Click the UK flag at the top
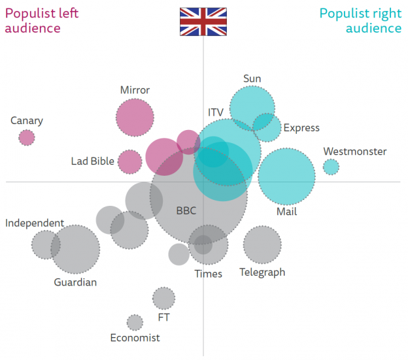tap(203, 22)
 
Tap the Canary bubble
tap(27, 137)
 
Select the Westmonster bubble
tap(331, 167)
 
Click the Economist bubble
tap(135, 322)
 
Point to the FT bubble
tap(163, 298)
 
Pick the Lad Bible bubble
tap(130, 162)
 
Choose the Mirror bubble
tap(135, 118)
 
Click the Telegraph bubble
tap(262, 244)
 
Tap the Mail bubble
tap(286, 176)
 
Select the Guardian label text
tap(75, 282)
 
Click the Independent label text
tap(35, 223)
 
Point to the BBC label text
tap(186, 211)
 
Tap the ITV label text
tap(216, 112)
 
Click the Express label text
tap(301, 128)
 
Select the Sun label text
tap(252, 79)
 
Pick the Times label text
tap(208, 274)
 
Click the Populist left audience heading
tap(37, 20)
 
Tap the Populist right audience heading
tap(360, 20)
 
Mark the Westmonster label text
tap(355, 152)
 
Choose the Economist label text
tap(135, 338)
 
